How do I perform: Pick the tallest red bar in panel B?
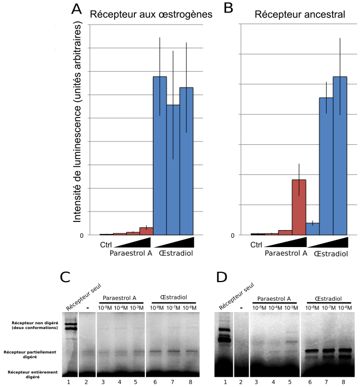pos(299,207)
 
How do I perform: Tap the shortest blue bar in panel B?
pos(312,228)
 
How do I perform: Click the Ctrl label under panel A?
pos(107,244)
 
